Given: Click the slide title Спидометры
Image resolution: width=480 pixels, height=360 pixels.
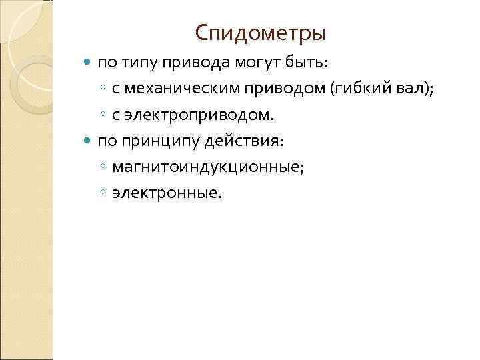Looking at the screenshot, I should tap(261, 32).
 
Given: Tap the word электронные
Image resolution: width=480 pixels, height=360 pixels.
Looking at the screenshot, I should tap(165, 193).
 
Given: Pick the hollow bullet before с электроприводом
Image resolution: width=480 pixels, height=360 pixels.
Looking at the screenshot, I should tap(103, 116).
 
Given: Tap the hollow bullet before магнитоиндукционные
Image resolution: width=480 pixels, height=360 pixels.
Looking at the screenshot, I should tap(103, 168).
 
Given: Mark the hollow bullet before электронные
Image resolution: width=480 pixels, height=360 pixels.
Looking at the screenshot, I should tap(103, 194).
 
